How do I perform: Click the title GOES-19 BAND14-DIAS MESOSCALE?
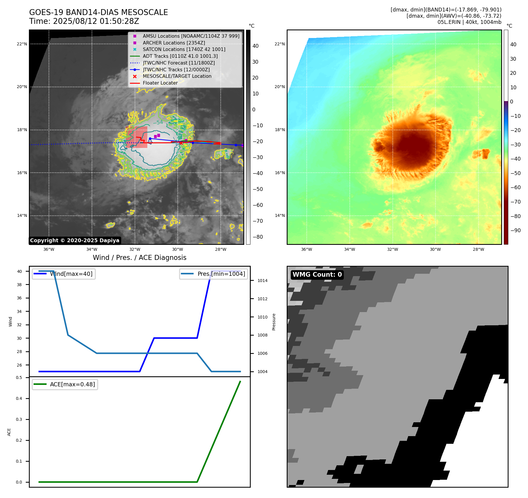click(x=98, y=12)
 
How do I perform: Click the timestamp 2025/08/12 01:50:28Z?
click(x=96, y=21)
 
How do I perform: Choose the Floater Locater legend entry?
click(x=160, y=83)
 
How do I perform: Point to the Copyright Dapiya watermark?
click(x=75, y=240)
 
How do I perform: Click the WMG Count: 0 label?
click(x=317, y=275)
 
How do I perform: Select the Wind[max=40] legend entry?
click(x=71, y=274)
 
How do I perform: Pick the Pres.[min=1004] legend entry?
click(x=221, y=274)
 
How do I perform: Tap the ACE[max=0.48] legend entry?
click(x=72, y=384)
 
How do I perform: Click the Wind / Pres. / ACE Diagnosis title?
click(x=139, y=258)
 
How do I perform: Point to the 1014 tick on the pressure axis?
click(x=262, y=281)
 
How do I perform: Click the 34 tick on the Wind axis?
click(x=19, y=311)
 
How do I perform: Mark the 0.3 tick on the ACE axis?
click(x=19, y=419)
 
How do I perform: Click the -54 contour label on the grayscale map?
click(x=158, y=122)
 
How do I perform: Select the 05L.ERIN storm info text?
click(x=469, y=22)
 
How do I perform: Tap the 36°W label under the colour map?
click(x=306, y=249)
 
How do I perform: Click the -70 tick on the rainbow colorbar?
click(x=515, y=202)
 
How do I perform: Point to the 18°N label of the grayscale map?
click(x=22, y=130)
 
